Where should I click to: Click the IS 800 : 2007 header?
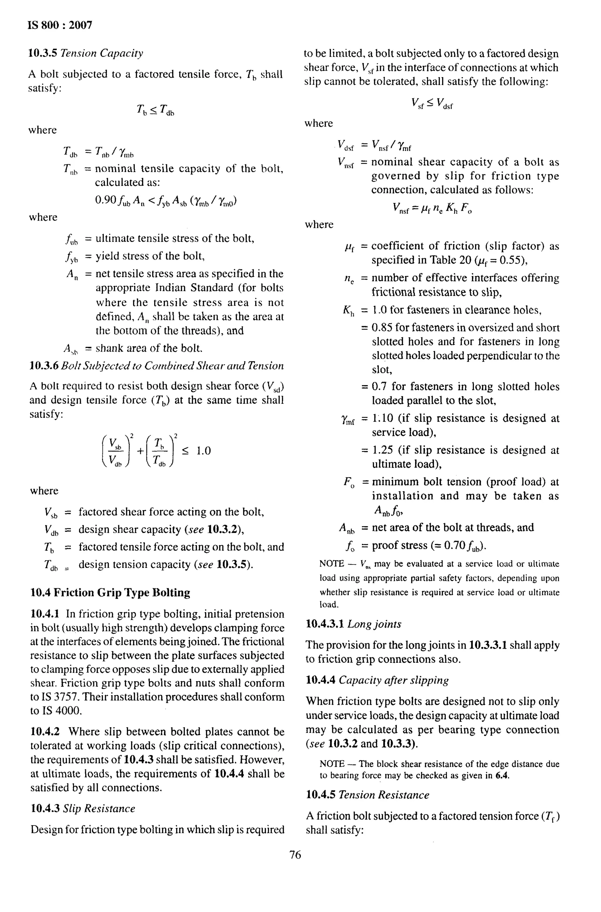(60, 25)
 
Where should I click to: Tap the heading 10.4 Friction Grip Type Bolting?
(110, 593)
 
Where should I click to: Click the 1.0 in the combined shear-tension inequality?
(204, 451)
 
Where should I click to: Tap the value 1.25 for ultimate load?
(383, 450)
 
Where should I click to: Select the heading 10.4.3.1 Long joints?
(353, 624)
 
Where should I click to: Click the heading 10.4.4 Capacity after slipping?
(377, 680)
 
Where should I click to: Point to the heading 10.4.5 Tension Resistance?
(367, 795)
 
